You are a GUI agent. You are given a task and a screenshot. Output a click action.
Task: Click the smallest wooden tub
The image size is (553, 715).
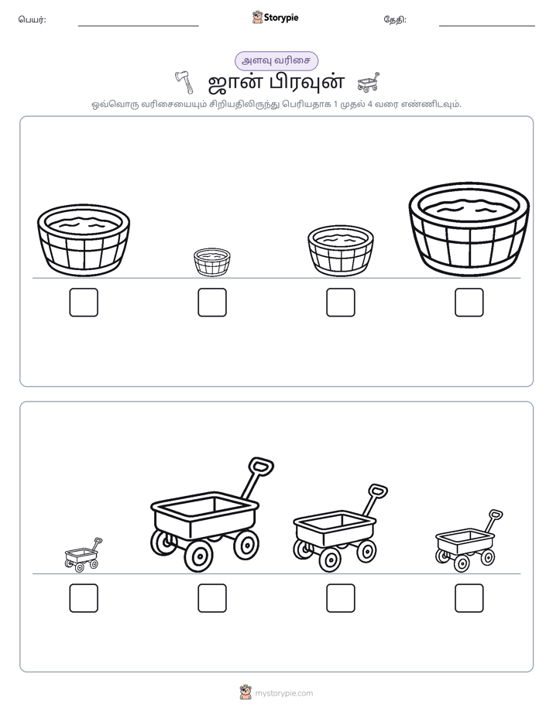(211, 262)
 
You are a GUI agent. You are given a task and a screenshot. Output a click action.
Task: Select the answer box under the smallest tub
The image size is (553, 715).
(212, 303)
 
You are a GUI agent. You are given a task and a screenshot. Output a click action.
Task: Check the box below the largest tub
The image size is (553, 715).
(469, 303)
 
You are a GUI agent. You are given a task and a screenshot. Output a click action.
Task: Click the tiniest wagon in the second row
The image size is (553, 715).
(83, 556)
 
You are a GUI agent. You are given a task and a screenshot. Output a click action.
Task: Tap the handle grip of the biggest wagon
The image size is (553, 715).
(260, 467)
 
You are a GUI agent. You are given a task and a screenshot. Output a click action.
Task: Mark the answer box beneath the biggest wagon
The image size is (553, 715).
(212, 598)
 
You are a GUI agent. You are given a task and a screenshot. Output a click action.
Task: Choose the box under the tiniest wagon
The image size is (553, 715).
(84, 598)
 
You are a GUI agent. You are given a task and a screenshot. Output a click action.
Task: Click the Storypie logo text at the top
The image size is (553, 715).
(281, 18)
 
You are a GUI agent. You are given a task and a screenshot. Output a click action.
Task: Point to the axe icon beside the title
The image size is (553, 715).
(185, 82)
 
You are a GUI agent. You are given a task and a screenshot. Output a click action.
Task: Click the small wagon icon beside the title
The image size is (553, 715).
(368, 82)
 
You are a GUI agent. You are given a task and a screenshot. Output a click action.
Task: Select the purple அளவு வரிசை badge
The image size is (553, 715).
(276, 60)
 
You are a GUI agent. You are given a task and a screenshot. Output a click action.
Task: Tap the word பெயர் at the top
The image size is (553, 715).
(32, 19)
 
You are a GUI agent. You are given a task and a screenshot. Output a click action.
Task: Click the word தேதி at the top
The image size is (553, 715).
(395, 19)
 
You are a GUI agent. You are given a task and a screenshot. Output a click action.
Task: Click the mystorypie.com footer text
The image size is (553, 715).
(283, 693)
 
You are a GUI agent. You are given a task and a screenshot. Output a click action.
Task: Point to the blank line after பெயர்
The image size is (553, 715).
(138, 26)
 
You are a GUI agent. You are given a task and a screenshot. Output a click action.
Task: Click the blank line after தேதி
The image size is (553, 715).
(487, 26)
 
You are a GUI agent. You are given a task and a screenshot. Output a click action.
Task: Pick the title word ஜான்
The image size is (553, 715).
(233, 83)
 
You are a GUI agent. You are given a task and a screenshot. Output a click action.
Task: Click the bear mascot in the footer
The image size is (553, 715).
(246, 693)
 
